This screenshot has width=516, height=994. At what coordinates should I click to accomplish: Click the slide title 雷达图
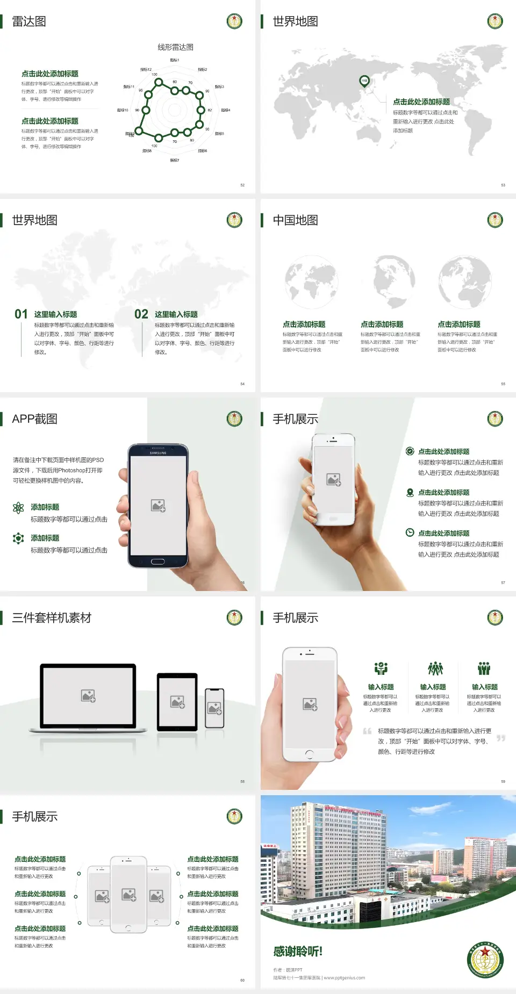(29, 21)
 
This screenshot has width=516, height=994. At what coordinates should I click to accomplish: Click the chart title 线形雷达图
(175, 47)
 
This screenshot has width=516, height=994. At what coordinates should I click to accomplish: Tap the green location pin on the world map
(364, 81)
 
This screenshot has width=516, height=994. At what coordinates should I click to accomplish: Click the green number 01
(21, 314)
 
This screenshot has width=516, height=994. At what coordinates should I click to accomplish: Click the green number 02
(141, 314)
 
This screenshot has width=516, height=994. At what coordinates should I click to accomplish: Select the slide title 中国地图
(295, 220)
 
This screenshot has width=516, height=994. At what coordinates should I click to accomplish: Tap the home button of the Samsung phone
(157, 561)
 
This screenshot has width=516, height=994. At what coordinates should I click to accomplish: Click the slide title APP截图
(34, 419)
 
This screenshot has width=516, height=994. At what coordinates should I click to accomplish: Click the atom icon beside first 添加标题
(18, 508)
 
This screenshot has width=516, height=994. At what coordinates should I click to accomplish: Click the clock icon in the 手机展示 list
(410, 532)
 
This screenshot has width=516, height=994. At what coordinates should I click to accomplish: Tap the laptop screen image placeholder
(89, 696)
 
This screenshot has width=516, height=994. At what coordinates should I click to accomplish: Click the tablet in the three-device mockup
(177, 701)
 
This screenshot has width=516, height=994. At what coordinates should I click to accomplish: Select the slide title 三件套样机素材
(52, 618)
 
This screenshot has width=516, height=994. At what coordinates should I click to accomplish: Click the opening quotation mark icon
(367, 731)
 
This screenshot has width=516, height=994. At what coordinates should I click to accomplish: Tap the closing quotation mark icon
(501, 738)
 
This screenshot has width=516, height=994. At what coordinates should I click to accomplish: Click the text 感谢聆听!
(297, 952)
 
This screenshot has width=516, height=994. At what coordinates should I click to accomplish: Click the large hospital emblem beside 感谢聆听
(485, 960)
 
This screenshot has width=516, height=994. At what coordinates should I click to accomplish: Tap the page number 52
(242, 185)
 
